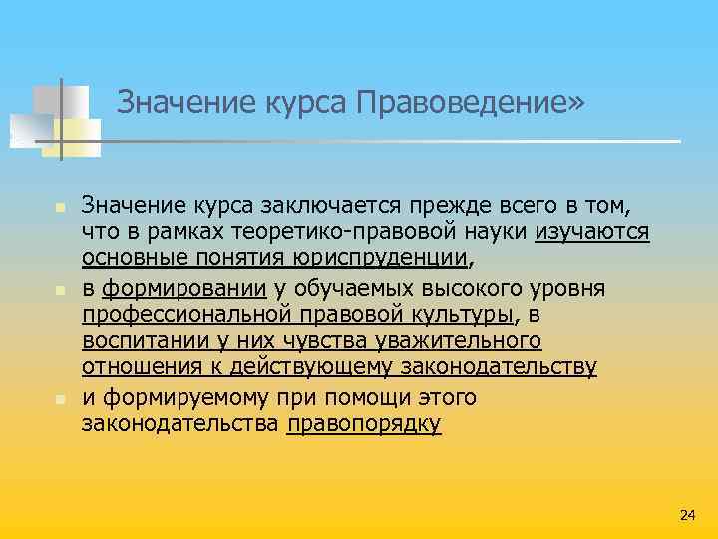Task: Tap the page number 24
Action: click(687, 514)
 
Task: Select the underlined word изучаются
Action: click(592, 233)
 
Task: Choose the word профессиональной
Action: click(187, 315)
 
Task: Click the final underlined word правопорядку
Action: click(364, 424)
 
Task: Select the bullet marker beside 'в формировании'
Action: click(59, 290)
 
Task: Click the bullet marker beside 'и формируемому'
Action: click(59, 398)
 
